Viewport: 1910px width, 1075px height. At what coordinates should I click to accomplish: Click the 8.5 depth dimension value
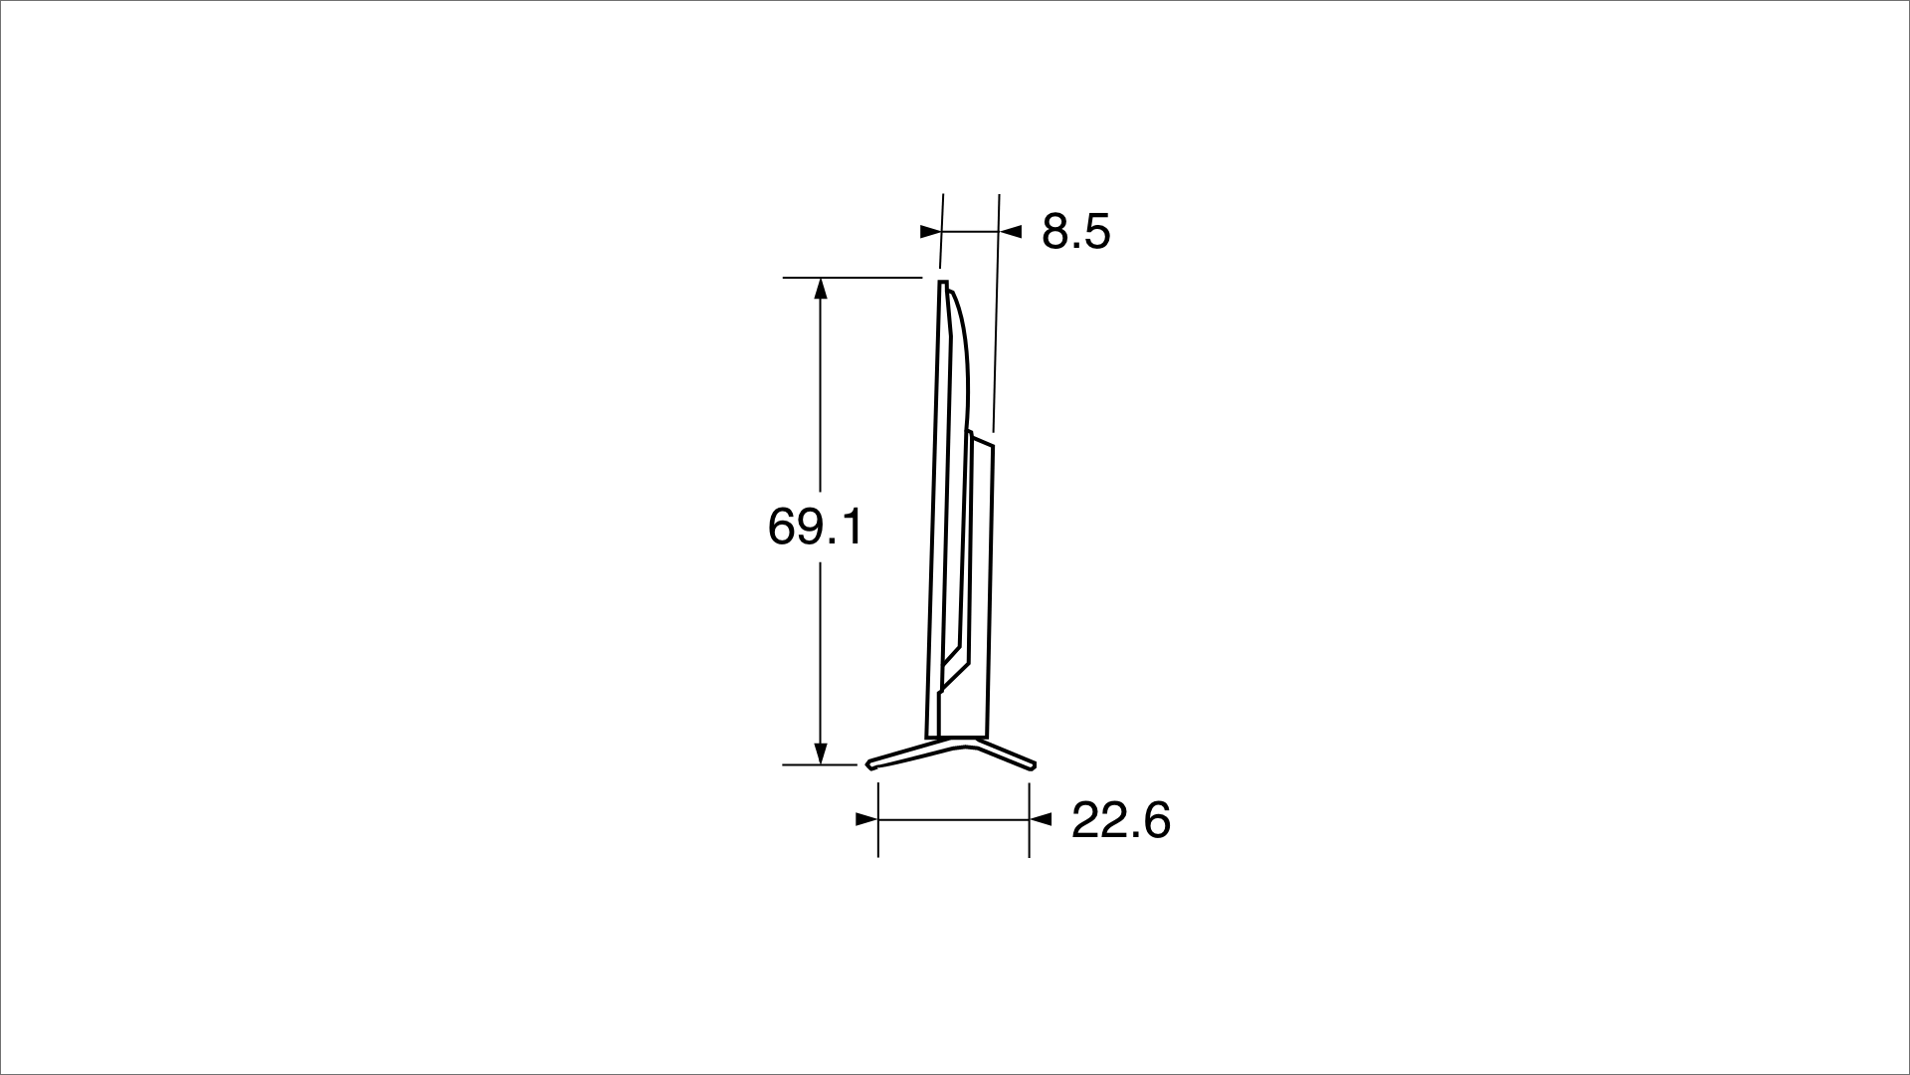pyautogui.click(x=1075, y=232)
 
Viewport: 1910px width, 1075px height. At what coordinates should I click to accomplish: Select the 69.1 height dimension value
pyautogui.click(x=816, y=527)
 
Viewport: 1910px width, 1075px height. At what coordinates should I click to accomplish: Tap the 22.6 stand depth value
pyautogui.click(x=1121, y=821)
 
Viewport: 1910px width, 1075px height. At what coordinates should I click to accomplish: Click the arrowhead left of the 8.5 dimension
pyautogui.click(x=930, y=232)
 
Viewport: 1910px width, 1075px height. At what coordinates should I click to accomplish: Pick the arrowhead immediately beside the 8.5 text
pyautogui.click(x=1011, y=232)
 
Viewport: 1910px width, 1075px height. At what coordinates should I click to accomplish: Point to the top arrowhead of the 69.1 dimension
pyautogui.click(x=820, y=288)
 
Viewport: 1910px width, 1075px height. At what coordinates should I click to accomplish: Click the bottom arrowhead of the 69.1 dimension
pyautogui.click(x=821, y=753)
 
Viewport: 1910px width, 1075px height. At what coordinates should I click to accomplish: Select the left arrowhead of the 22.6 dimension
pyautogui.click(x=866, y=819)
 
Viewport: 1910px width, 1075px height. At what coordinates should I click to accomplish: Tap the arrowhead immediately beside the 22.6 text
pyautogui.click(x=1041, y=819)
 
